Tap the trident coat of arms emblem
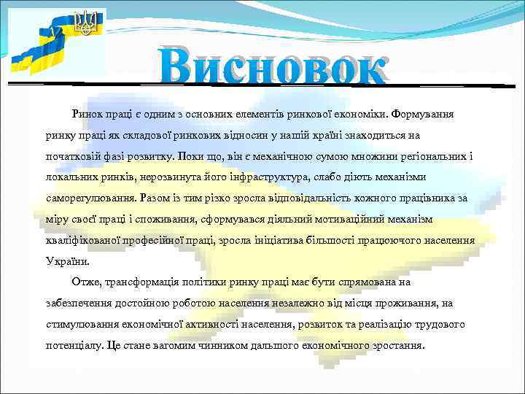tap(86, 23)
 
